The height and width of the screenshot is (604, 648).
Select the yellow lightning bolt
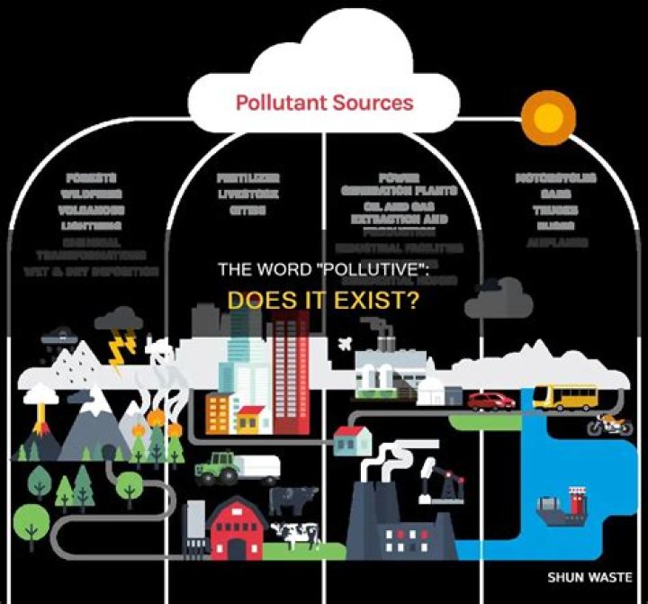(118, 351)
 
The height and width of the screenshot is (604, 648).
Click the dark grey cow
(293, 499)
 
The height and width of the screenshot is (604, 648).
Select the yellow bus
(564, 396)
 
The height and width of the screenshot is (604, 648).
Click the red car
(490, 401)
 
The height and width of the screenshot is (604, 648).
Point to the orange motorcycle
(609, 424)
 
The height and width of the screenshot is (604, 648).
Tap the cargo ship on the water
(562, 508)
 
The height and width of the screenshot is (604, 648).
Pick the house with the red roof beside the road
(353, 439)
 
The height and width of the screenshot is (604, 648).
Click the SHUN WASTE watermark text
(589, 577)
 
